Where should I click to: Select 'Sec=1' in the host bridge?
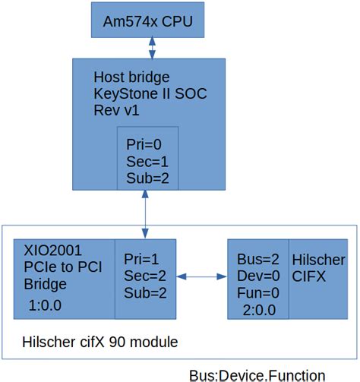tap(146, 161)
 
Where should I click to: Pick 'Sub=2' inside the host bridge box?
tap(146, 178)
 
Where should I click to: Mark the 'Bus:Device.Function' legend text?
tap(257, 374)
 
